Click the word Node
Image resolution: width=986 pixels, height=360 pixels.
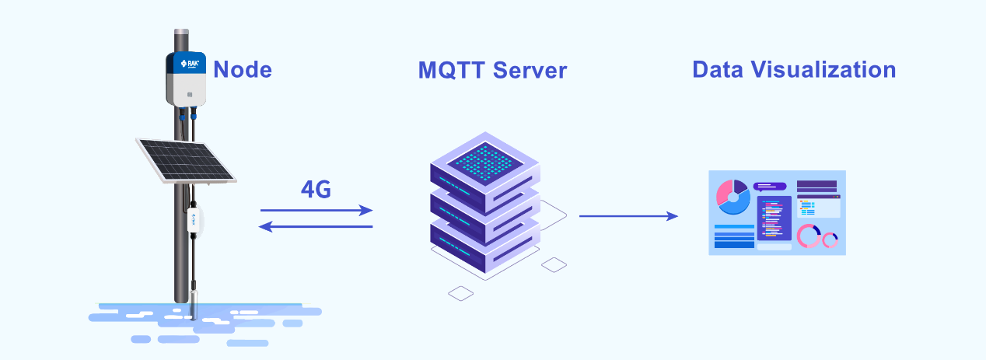click(243, 70)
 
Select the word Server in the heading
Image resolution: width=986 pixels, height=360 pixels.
click(530, 71)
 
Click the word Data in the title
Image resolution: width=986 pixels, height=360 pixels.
click(718, 69)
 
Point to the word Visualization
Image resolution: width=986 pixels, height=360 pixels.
click(823, 69)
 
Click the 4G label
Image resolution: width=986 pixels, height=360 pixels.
click(316, 190)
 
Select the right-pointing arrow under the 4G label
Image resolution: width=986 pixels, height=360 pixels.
click(316, 211)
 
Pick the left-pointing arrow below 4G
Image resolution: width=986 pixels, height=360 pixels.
click(316, 226)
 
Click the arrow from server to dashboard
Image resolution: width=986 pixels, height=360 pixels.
click(628, 216)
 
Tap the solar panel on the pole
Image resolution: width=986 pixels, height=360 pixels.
click(186, 161)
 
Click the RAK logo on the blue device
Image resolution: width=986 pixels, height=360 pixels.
click(190, 64)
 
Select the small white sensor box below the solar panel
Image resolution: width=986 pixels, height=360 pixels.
click(194, 219)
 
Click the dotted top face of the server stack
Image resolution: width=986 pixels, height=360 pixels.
click(485, 162)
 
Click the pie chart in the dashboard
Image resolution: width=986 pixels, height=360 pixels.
click(733, 197)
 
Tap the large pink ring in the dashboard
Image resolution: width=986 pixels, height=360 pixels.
click(809, 236)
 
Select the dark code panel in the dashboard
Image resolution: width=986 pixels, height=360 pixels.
click(774, 218)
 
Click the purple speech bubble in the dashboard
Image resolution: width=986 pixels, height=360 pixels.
click(769, 187)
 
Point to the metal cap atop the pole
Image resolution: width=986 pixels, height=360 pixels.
click(181, 32)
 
